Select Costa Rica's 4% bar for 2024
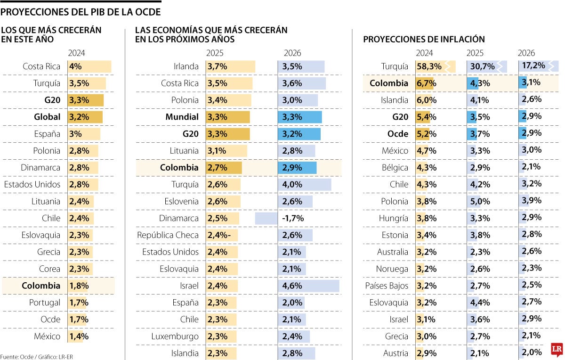click(89, 66)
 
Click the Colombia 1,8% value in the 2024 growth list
click(79, 286)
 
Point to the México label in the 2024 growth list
click(47, 336)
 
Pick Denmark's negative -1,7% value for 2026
click(293, 218)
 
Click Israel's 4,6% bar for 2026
click(308, 286)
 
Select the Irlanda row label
click(186, 66)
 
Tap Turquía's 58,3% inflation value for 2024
click(429, 66)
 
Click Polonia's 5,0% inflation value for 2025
click(480, 202)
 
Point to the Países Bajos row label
click(387, 286)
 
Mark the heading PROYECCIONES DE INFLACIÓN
click(424, 40)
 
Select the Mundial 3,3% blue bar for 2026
click(299, 117)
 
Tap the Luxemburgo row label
click(175, 336)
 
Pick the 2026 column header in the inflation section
click(526, 53)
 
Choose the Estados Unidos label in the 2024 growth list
click(32, 184)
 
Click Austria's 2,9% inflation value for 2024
click(426, 353)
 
